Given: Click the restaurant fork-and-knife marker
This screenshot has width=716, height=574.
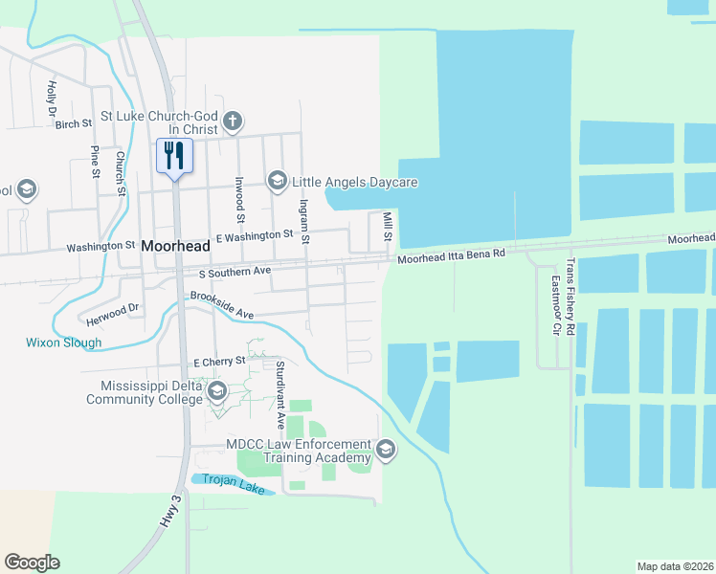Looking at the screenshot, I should (174, 156).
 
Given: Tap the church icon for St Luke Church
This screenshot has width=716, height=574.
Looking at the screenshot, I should (233, 121).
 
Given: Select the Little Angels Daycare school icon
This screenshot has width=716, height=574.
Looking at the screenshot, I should (277, 181).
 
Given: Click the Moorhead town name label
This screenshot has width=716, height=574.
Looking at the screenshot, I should (174, 246).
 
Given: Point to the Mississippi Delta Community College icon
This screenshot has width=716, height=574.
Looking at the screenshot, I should (217, 390).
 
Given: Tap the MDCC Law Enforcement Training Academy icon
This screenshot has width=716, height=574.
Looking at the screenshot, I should (386, 450).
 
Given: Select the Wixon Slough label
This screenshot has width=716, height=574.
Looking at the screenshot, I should (63, 342).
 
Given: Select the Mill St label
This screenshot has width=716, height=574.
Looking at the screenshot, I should (388, 227).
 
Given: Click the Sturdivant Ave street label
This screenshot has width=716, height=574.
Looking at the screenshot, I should (280, 393).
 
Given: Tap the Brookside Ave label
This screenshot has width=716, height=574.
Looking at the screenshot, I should (221, 305).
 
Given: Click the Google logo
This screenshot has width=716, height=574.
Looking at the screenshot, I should (32, 563).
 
